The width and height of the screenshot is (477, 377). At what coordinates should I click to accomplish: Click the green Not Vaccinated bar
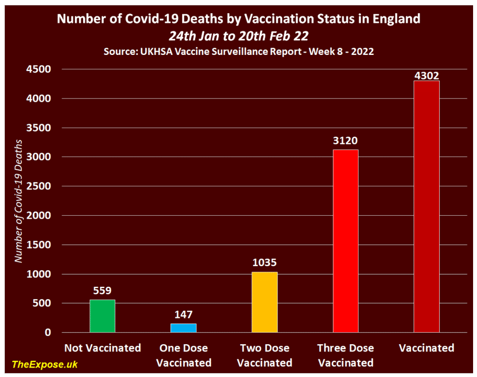[102, 316]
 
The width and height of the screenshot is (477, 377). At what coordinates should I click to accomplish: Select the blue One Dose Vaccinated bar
[183, 328]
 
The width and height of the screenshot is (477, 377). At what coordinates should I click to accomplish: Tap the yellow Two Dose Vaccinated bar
[265, 302]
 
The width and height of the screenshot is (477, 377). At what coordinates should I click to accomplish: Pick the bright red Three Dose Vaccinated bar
[345, 241]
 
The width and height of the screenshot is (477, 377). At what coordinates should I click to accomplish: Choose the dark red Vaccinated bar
[427, 206]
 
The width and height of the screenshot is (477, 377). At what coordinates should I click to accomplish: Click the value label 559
[102, 291]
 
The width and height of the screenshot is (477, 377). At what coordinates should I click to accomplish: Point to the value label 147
[183, 315]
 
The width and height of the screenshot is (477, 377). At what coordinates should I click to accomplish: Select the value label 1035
[265, 263]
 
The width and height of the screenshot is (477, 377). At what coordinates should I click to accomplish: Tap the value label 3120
[345, 141]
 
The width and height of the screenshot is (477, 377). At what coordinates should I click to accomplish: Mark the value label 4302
[427, 75]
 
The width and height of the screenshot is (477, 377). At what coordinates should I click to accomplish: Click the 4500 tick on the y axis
[40, 70]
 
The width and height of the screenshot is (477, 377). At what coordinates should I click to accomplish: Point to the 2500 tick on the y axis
[40, 186]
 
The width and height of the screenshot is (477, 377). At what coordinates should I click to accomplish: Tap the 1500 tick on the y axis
[40, 245]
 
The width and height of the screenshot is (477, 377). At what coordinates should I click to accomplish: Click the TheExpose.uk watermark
[45, 364]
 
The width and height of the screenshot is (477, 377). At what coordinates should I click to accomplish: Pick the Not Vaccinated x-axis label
[102, 348]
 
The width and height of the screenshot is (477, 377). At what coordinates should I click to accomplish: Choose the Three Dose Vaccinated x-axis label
[345, 355]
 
